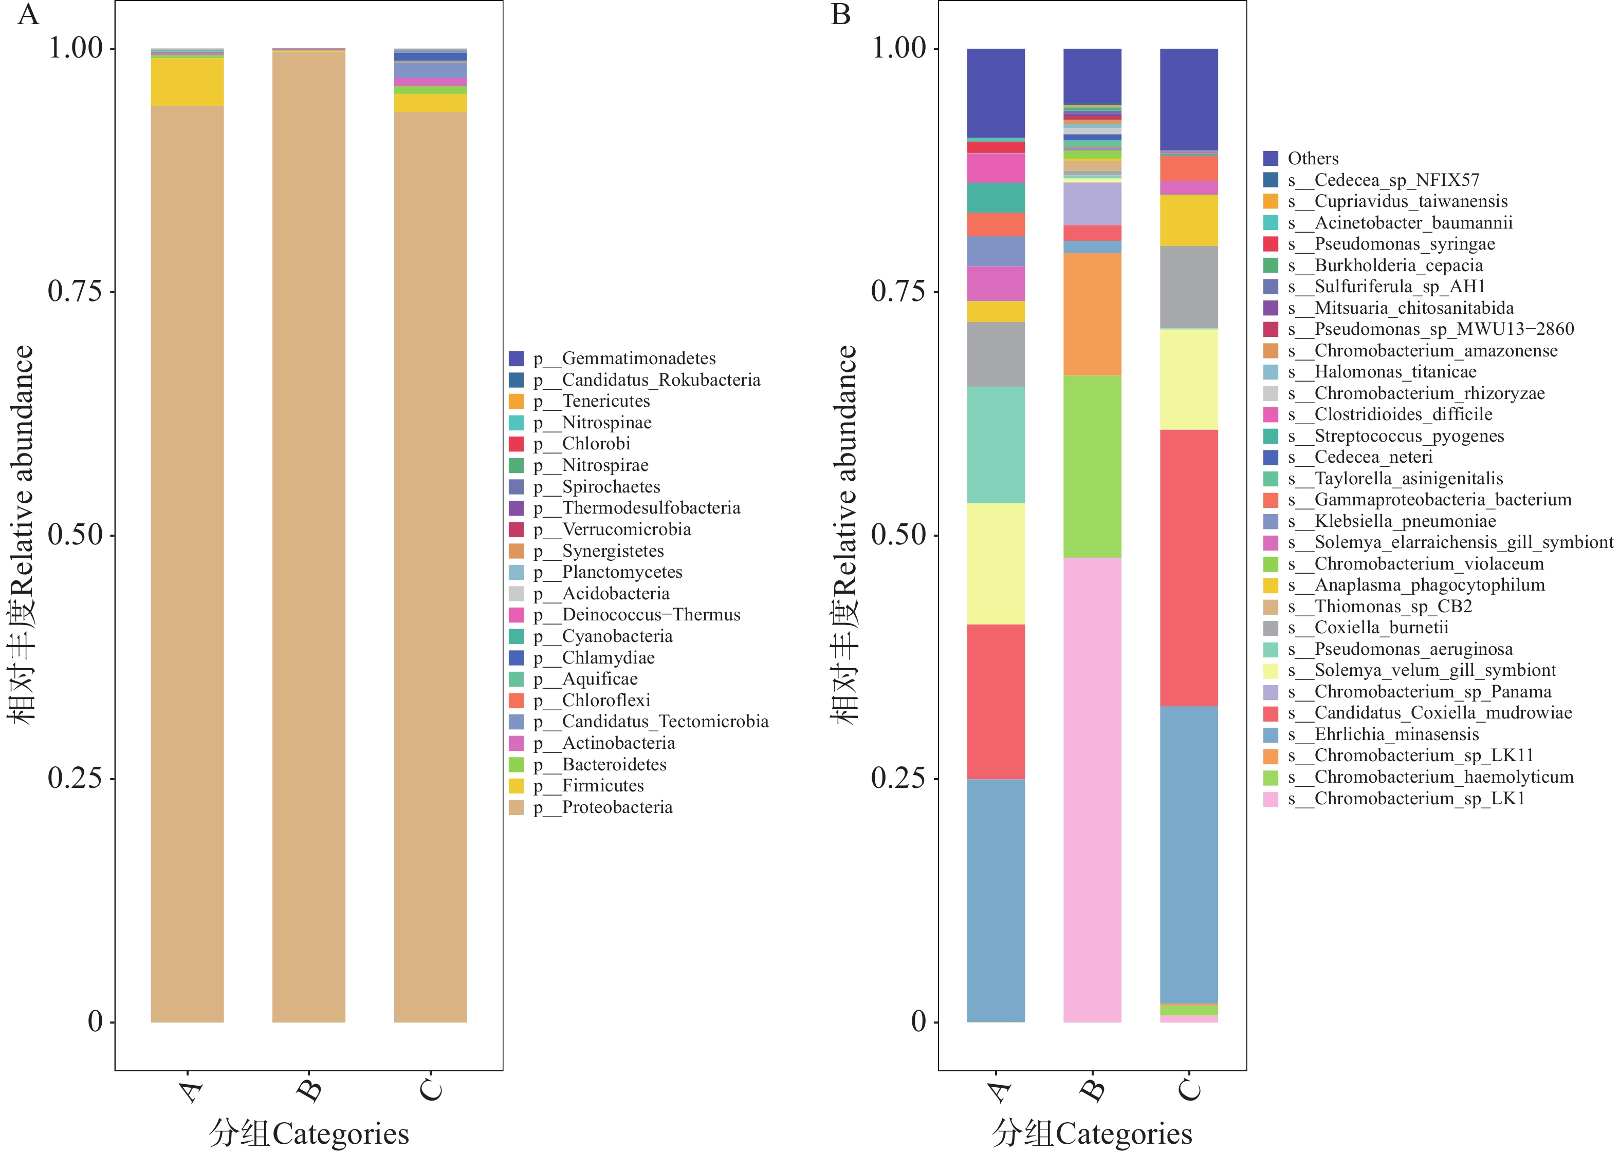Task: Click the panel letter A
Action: [28, 14]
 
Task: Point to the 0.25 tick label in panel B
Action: [899, 778]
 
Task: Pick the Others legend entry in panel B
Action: [1312, 159]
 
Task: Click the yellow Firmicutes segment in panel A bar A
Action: [187, 82]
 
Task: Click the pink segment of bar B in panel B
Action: [1092, 789]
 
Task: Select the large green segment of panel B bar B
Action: [1092, 466]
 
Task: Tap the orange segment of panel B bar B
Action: [1092, 314]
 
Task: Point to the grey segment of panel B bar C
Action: [1189, 287]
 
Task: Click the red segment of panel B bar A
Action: [996, 702]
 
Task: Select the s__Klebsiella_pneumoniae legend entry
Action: [1404, 522]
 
